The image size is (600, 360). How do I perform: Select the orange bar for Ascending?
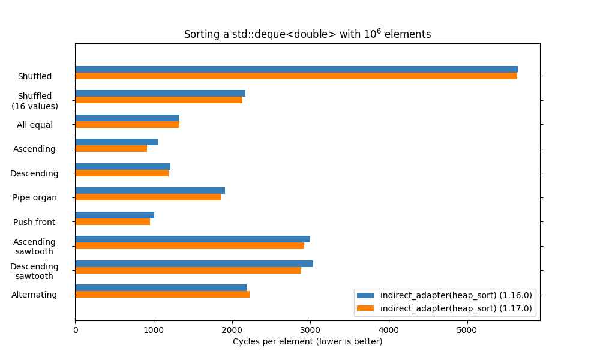coord(111,148)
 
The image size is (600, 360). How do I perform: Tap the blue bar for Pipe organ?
coord(150,191)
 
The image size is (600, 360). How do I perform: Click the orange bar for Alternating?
coord(162,294)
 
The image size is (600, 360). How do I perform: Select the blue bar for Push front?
coord(115,215)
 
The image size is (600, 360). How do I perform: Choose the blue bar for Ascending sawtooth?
coord(193,239)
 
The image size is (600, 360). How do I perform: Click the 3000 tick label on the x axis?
coord(310,329)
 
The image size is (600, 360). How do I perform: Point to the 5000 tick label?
coord(467,329)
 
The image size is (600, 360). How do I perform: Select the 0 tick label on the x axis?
coord(76,329)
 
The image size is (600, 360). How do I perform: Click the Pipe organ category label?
coord(35,197)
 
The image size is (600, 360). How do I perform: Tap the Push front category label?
coord(34,222)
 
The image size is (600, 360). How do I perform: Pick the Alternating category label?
coord(34,295)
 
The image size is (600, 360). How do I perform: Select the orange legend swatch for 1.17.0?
coord(365,308)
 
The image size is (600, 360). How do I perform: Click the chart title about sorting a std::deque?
coord(307,34)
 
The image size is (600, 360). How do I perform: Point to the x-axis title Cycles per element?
coord(307,341)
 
